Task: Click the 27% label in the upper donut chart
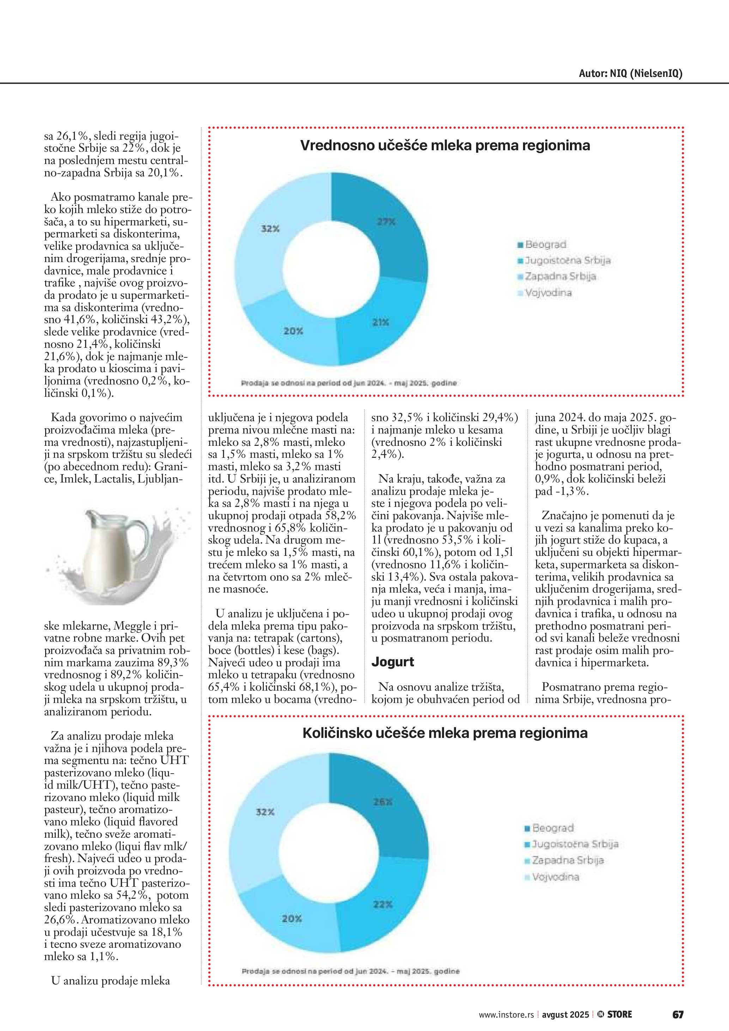(386, 222)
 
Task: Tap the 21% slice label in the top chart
(381, 322)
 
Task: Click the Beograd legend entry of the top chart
(545, 245)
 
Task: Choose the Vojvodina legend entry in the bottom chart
(555, 877)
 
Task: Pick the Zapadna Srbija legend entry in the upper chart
(560, 277)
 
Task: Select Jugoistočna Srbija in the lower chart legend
(575, 844)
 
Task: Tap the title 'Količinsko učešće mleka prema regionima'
(445, 733)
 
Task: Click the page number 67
(678, 1014)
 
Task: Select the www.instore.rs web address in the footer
(506, 1015)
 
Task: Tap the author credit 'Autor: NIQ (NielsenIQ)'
(630, 74)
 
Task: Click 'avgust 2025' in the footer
(565, 1015)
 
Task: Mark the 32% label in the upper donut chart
(270, 229)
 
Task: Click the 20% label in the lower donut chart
(292, 919)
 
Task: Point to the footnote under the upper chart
(348, 383)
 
